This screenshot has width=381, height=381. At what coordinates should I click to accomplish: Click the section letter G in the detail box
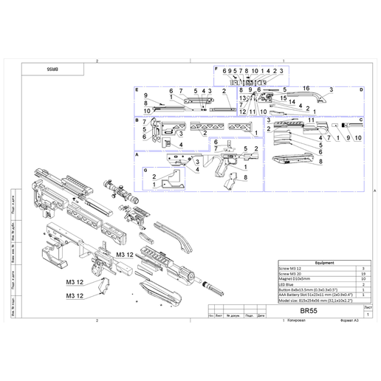click(145, 170)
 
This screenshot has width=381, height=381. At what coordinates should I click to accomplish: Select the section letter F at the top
click(216, 69)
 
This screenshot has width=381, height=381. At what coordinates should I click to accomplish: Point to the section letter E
click(137, 89)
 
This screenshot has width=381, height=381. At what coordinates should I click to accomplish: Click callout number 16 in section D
click(305, 88)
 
